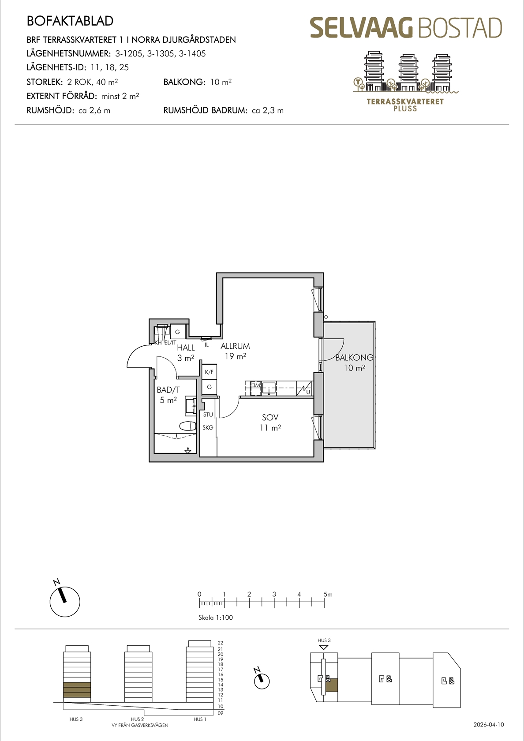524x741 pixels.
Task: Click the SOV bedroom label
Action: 270,417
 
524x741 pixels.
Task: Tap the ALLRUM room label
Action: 235,346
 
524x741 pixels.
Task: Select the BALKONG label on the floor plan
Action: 354,357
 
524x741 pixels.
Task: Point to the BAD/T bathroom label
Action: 168,390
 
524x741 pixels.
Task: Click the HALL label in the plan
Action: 186,348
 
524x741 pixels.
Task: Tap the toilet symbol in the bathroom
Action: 188,426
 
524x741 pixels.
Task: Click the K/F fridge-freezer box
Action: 209,372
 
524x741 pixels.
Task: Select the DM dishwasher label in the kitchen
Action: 256,385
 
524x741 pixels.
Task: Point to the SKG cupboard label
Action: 208,428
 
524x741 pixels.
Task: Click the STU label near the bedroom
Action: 208,415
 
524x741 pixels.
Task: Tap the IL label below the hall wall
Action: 207,345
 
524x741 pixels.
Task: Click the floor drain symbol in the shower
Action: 188,450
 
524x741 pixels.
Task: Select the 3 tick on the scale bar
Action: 274,604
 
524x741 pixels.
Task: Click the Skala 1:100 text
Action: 216,617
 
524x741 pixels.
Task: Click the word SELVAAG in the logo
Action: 362,28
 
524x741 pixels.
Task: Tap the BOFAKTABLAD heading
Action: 70,21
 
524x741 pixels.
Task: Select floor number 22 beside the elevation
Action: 221,643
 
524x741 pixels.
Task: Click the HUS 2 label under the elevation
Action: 137,719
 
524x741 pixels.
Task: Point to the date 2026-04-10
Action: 489,724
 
